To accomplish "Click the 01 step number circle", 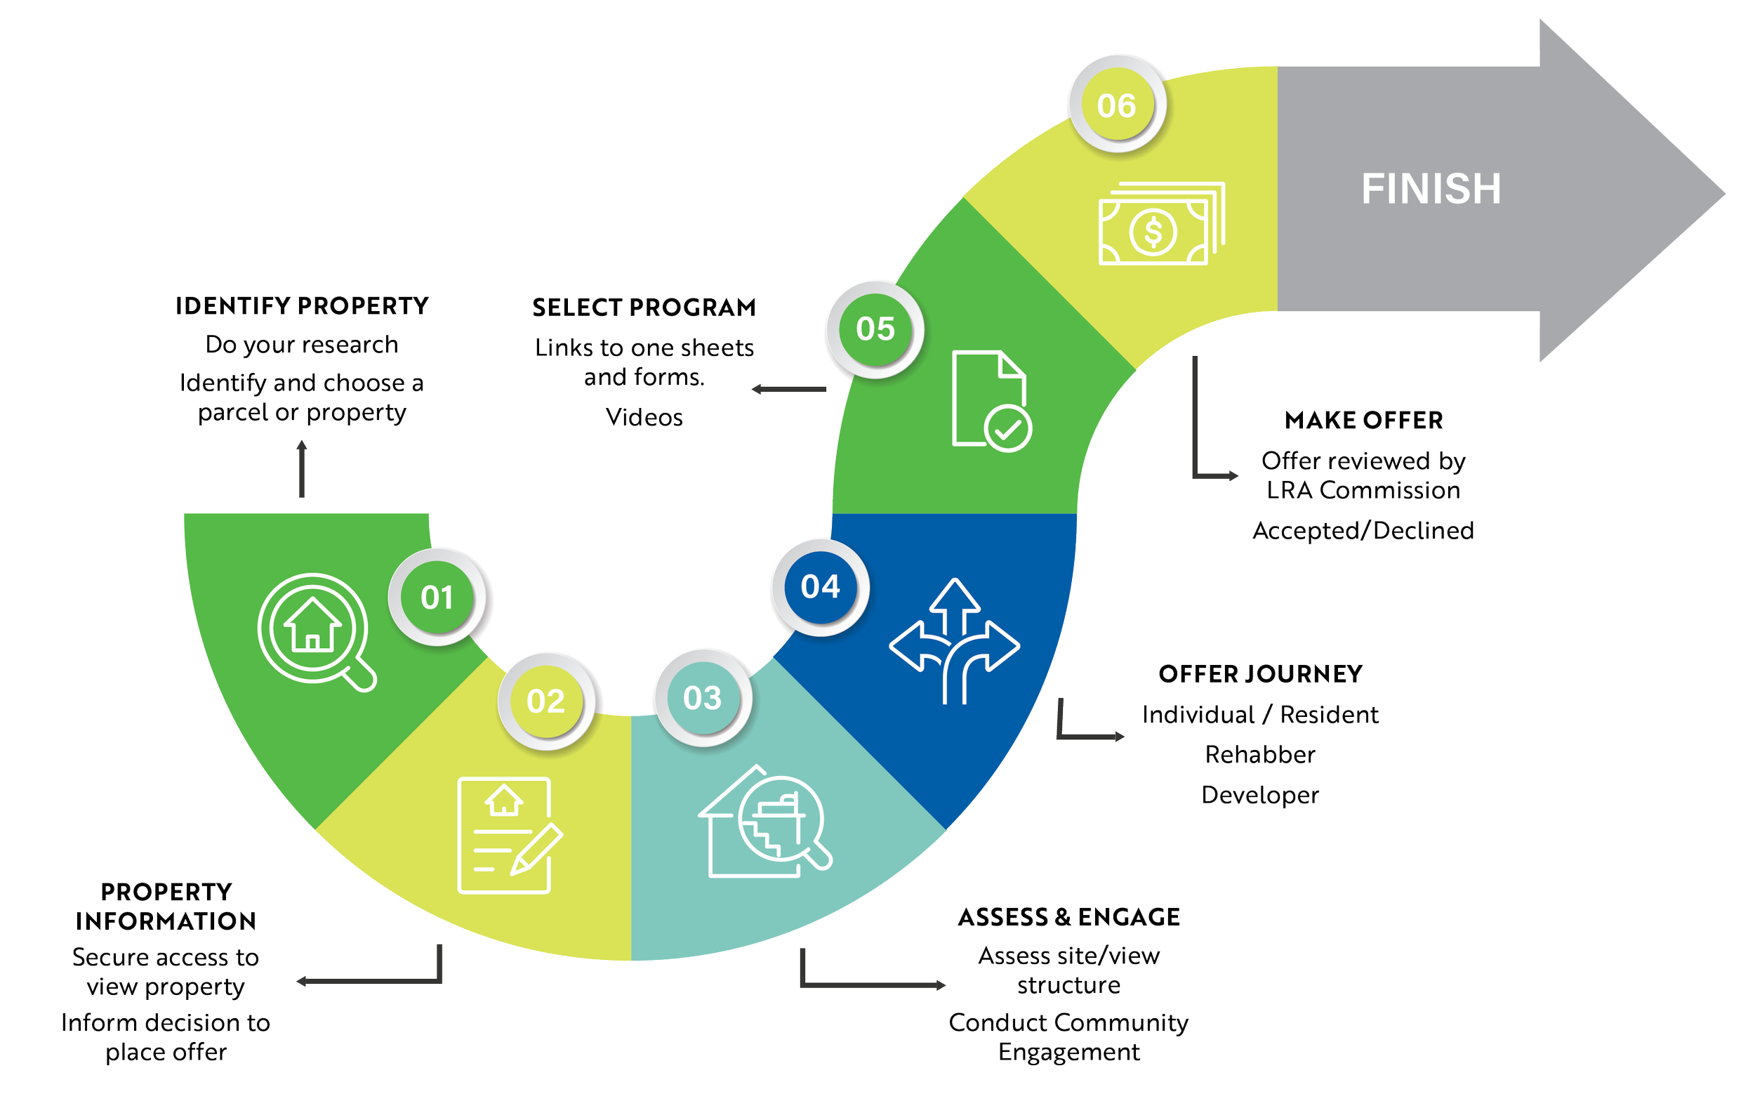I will pos(437,598).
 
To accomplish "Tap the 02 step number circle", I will pos(545,701).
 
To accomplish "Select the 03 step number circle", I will pos(703,698).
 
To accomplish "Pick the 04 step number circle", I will pos(821,587).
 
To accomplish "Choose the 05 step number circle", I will pos(875,329).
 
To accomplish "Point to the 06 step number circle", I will pos(1116,105).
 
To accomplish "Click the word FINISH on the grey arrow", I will pos(1431,189).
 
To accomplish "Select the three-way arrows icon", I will pos(954,641).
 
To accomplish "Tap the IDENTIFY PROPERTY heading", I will pos(303,306).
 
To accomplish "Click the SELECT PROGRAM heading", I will pos(643,308).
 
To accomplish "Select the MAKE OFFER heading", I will pos(1363,421).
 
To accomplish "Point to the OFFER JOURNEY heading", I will pos(1260,674).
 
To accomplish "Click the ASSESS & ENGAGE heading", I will pos(1068,918).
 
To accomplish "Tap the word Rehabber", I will pos(1260,755).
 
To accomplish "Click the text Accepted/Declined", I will pos(1363,530).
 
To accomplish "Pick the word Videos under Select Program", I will pos(644,418).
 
